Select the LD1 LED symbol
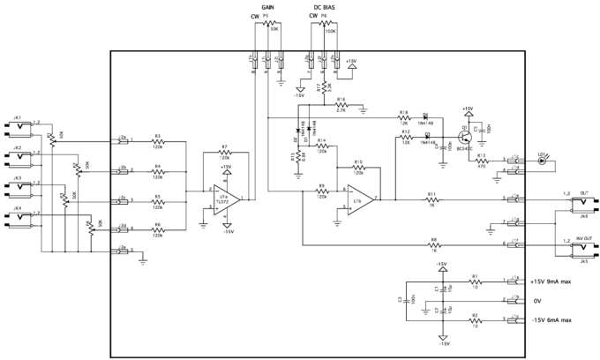[x=544, y=161]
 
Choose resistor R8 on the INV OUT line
[x=433, y=244]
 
